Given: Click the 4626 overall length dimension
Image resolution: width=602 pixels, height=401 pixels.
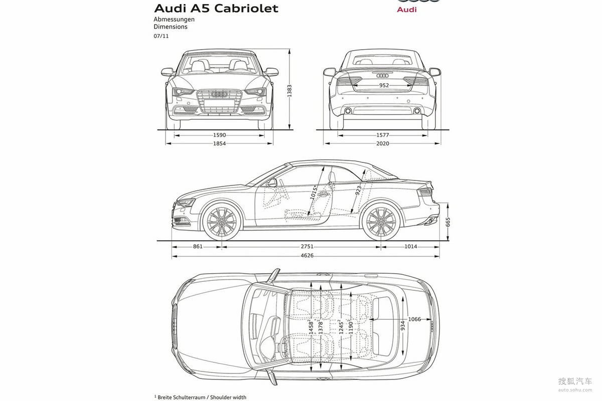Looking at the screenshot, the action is pyautogui.click(x=307, y=256).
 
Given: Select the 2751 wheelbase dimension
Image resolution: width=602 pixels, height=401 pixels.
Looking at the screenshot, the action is pyautogui.click(x=307, y=246).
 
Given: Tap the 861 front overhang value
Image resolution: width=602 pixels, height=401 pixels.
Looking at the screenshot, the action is pyautogui.click(x=198, y=246).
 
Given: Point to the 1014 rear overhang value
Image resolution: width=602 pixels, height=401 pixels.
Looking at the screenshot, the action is pyautogui.click(x=411, y=246).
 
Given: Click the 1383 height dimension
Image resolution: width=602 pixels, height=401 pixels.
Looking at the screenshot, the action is pyautogui.click(x=289, y=91).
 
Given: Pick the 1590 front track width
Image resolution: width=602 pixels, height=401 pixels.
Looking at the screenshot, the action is pyautogui.click(x=220, y=135).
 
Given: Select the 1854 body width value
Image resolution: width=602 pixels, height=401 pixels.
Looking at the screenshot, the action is pyautogui.click(x=220, y=143).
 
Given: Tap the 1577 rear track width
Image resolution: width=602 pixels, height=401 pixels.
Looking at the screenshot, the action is pyautogui.click(x=382, y=135).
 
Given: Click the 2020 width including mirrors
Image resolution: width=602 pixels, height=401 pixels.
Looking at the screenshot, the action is pyautogui.click(x=382, y=143).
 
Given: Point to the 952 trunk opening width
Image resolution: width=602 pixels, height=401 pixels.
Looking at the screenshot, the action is pyautogui.click(x=384, y=85).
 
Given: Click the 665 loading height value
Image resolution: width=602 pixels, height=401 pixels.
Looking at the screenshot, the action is pyautogui.click(x=447, y=222).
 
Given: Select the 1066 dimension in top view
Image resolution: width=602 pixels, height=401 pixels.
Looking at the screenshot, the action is pyautogui.click(x=414, y=319).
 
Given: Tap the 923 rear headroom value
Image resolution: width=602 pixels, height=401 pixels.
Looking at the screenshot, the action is pyautogui.click(x=358, y=190).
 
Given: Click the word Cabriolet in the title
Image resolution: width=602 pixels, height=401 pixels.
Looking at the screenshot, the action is pyautogui.click(x=246, y=9).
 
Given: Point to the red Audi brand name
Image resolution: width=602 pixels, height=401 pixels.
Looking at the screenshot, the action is pyautogui.click(x=407, y=10).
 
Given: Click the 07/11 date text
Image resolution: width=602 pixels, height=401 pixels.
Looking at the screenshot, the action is pyautogui.click(x=161, y=36).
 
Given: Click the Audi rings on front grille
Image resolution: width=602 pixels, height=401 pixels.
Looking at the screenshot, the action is pyautogui.click(x=220, y=94).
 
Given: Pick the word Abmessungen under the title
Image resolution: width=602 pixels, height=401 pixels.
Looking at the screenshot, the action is pyautogui.click(x=174, y=20).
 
